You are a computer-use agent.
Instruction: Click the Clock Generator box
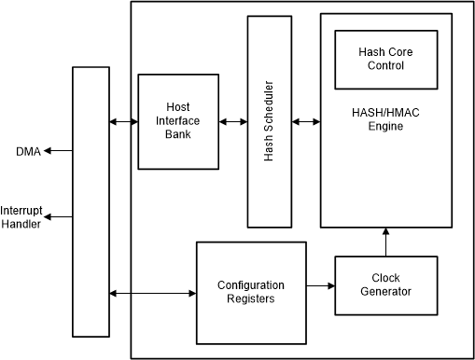[x=385, y=284]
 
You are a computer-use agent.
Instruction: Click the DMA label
[x=28, y=152]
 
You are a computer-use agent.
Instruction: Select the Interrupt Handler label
[x=21, y=216]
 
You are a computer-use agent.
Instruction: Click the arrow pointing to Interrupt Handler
[x=59, y=216]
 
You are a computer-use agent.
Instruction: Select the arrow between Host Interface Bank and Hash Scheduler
[x=232, y=121]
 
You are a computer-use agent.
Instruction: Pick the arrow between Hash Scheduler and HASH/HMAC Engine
[x=305, y=121]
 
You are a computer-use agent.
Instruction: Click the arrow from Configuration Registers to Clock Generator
[x=320, y=285]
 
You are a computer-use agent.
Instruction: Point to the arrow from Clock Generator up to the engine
[x=385, y=242]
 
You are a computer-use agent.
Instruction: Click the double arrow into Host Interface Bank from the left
[x=123, y=121]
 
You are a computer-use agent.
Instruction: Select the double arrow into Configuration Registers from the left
[x=152, y=295]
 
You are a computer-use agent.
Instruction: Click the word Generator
[x=385, y=292]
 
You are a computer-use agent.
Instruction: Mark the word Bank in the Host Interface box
[x=177, y=133]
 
